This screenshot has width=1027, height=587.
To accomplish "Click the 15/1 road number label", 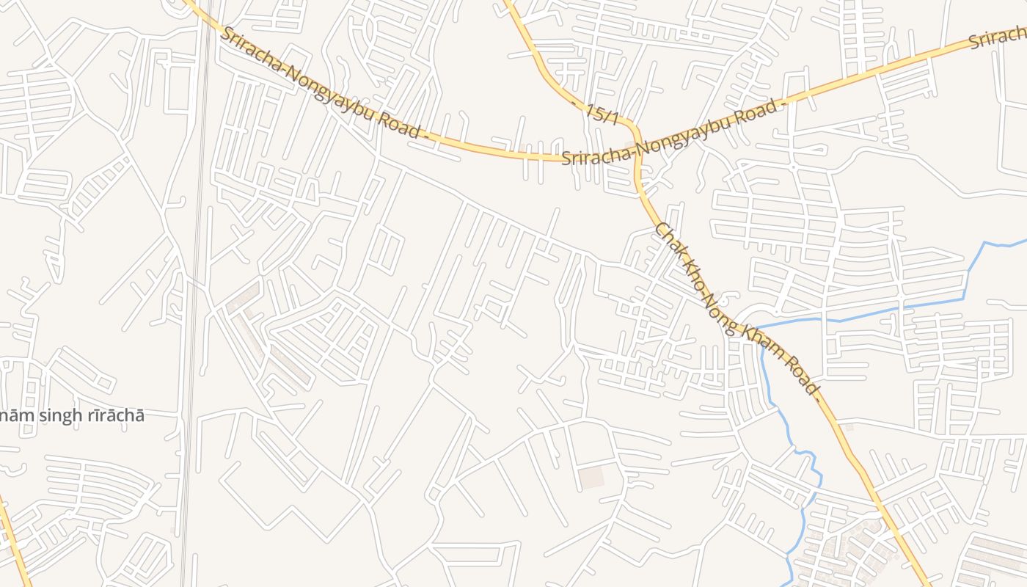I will point(602,114).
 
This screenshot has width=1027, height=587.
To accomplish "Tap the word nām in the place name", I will point(10,416).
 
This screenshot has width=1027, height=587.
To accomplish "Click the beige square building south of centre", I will point(591,478).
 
